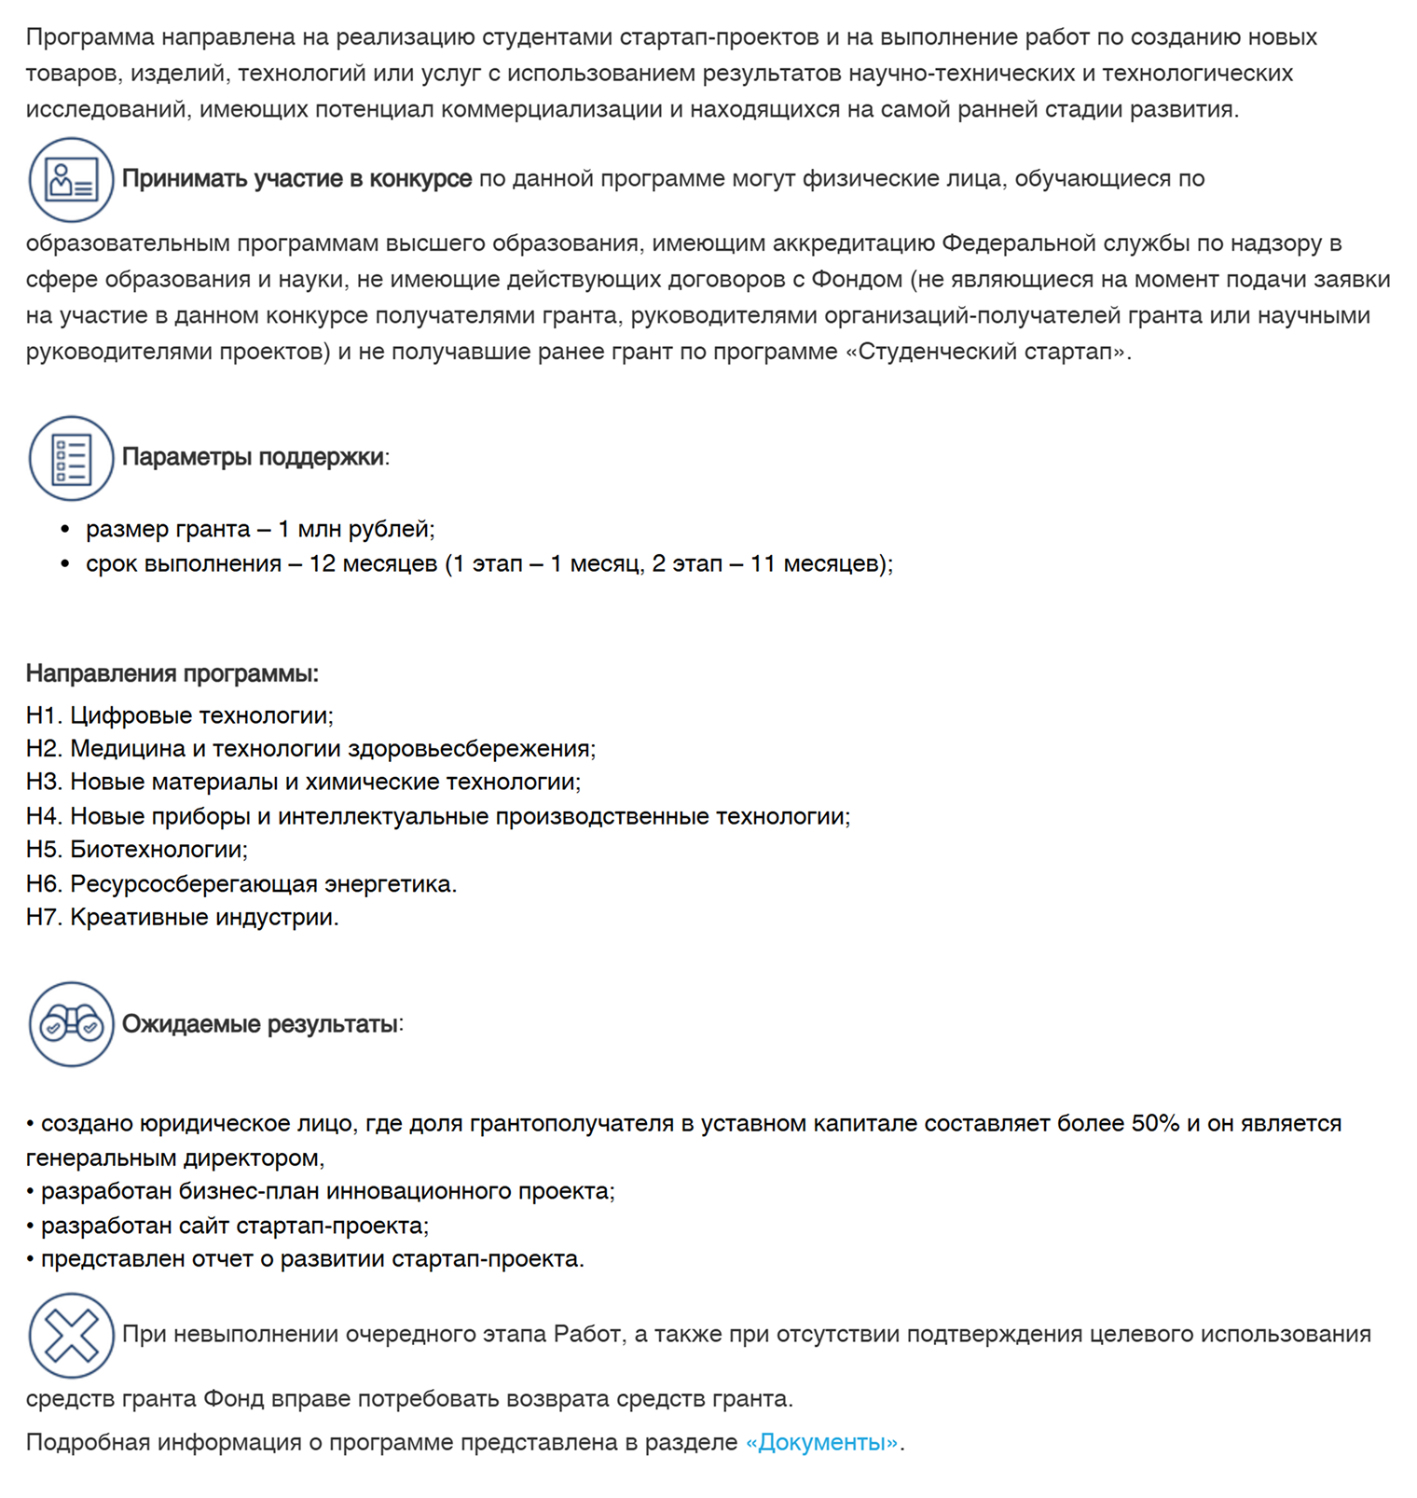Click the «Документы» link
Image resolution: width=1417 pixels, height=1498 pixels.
pos(821,1442)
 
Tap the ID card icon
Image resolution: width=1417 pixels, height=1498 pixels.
pos(71,179)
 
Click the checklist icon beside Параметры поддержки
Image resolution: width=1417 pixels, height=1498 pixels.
pos(71,458)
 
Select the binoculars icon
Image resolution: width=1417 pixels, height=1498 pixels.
pos(71,1024)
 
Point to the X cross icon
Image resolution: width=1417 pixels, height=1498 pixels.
pos(71,1335)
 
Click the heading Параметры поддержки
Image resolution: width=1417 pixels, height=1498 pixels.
pos(253,457)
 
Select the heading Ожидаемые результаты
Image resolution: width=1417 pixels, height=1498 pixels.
pos(260,1024)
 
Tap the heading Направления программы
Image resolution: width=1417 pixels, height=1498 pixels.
pos(172,673)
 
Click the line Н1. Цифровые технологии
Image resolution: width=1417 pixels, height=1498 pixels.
pos(179,715)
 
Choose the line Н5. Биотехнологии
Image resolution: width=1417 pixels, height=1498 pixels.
pos(136,850)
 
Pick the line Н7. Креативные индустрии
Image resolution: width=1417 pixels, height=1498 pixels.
pos(182,917)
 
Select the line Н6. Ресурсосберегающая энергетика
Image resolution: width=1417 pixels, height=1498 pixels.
pos(241,883)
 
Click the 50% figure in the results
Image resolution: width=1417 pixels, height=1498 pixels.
pos(1155,1123)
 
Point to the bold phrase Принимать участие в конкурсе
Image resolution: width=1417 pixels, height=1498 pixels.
pos(296,178)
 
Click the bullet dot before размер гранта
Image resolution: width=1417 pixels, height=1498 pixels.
pos(65,530)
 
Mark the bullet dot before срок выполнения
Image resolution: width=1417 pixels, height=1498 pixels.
pos(65,564)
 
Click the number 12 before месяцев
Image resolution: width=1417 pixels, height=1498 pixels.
pos(322,563)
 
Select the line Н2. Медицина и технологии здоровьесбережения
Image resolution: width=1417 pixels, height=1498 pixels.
pos(310,749)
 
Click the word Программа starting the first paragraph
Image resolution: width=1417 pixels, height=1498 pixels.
pos(89,37)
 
